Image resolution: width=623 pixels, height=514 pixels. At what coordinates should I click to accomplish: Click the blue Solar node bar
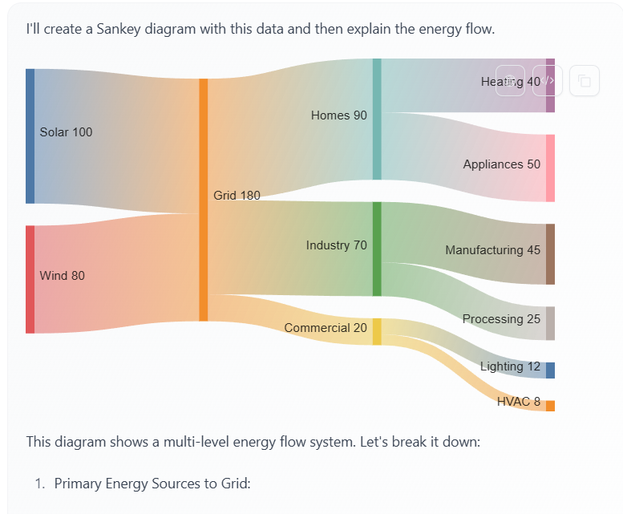[30, 136]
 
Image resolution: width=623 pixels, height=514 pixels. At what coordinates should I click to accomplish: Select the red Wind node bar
[30, 279]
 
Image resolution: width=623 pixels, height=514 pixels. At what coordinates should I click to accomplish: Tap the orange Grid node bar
[204, 200]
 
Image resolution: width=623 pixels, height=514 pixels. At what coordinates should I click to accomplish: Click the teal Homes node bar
[377, 119]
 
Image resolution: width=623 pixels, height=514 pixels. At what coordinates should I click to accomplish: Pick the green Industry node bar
[377, 249]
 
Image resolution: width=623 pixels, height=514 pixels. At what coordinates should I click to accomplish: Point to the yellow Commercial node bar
[377, 331]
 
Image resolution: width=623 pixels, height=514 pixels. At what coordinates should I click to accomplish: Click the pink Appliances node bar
[550, 168]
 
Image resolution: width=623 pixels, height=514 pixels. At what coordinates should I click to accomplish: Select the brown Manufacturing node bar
[550, 254]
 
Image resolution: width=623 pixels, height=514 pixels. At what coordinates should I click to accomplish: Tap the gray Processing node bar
[550, 323]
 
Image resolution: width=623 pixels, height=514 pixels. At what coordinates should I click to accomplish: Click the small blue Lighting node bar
[550, 370]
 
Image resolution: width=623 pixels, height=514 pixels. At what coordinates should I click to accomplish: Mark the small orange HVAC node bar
[550, 406]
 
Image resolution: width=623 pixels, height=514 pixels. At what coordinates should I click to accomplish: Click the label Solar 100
[66, 132]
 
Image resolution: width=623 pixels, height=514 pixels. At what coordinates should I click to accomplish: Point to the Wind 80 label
[62, 276]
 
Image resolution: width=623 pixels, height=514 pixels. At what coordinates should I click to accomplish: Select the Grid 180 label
[237, 195]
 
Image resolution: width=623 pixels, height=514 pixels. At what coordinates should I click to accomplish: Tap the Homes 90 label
[338, 115]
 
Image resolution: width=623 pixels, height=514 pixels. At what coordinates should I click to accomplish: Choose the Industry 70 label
[336, 245]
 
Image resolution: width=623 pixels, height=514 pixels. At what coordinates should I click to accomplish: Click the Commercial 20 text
[326, 328]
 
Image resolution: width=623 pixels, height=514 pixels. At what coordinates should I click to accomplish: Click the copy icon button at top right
[584, 81]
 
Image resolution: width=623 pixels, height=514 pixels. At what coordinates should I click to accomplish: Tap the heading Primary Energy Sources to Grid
[153, 484]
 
